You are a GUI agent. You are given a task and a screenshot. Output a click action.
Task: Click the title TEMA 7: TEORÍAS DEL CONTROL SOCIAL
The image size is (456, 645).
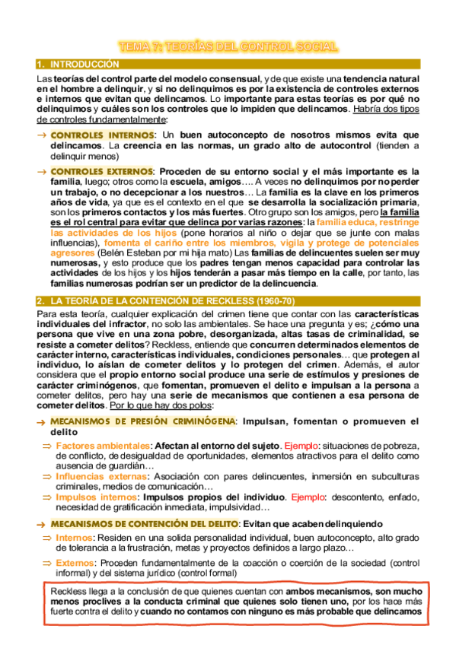(x=227, y=47)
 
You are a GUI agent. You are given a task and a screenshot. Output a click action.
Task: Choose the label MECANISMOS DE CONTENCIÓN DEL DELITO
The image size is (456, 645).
(x=143, y=523)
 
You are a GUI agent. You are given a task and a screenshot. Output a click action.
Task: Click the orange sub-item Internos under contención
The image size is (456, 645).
(x=73, y=537)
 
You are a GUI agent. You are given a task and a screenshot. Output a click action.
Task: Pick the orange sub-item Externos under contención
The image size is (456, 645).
(x=74, y=562)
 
